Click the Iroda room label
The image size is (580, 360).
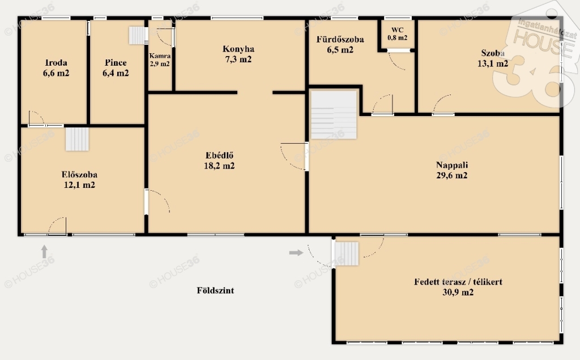pyautogui.click(x=56, y=62)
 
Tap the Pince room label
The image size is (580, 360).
pyautogui.click(x=116, y=62)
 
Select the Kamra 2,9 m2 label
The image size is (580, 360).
pyautogui.click(x=160, y=59)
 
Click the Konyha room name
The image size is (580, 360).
pyautogui.click(x=238, y=49)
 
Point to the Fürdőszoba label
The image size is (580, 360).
pyautogui.click(x=340, y=39)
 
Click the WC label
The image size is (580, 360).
pyautogui.click(x=397, y=30)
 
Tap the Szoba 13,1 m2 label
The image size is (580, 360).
pyautogui.click(x=493, y=58)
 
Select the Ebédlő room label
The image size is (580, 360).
pyautogui.click(x=219, y=155)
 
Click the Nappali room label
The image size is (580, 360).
pyautogui.click(x=451, y=165)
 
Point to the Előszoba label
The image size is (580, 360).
pyautogui.click(x=79, y=174)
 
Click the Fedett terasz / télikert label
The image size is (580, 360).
pyautogui.click(x=458, y=282)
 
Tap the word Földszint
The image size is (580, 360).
pyautogui.click(x=215, y=290)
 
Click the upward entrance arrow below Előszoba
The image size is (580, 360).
pyautogui.click(x=44, y=251)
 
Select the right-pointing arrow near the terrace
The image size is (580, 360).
pyautogui.click(x=296, y=253)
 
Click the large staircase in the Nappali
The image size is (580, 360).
pyautogui.click(x=334, y=114)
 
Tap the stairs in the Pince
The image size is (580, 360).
pyautogui.click(x=138, y=36)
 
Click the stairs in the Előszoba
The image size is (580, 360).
pyautogui.click(x=77, y=139)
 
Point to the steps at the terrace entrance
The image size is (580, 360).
pyautogui.click(x=347, y=254)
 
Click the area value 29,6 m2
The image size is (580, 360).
pyautogui.click(x=451, y=175)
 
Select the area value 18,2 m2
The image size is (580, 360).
pyautogui.click(x=219, y=166)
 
